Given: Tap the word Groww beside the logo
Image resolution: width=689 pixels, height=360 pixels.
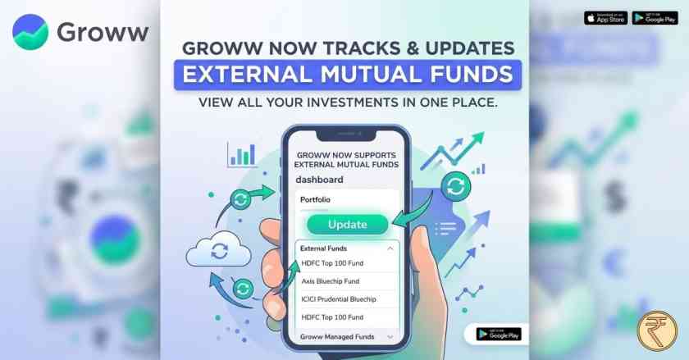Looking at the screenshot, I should point(103,33).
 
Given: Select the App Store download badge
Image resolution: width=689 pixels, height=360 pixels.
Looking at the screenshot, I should point(605,17).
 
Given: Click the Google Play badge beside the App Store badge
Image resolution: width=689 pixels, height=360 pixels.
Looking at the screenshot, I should point(655,17).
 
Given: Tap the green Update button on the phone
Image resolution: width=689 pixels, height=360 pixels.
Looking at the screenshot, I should point(347,224).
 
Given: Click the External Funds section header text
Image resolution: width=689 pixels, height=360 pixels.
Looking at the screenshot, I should point(323,248).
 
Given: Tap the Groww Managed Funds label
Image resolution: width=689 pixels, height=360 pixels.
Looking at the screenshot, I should point(336,337).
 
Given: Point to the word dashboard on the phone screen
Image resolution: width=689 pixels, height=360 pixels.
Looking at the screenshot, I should point(320,180).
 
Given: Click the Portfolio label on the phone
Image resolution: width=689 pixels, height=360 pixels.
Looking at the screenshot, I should point(317,199).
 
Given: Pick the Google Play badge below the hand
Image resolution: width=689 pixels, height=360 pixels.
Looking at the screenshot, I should point(498,335).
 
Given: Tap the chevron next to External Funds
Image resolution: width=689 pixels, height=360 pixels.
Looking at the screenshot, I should point(390,248).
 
